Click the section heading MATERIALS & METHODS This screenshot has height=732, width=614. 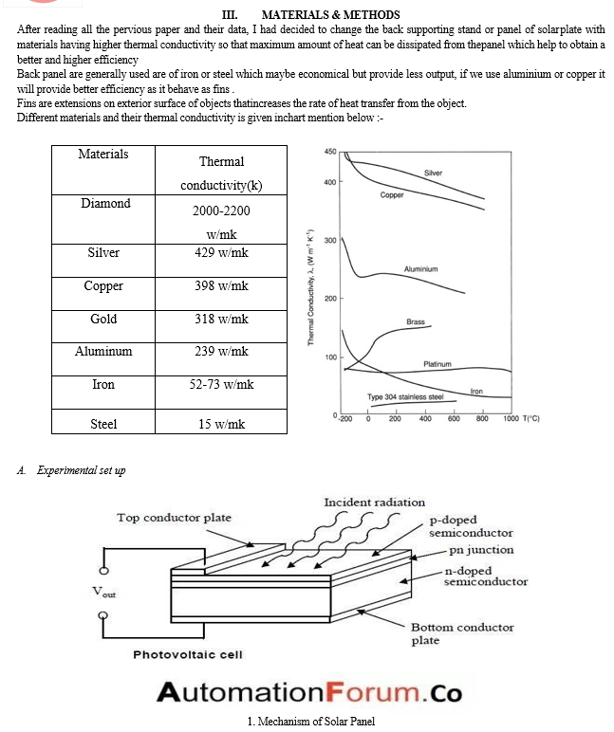(330, 15)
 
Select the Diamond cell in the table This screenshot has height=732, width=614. (105, 203)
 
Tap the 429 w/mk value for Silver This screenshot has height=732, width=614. (221, 253)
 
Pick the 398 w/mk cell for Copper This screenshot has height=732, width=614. (221, 285)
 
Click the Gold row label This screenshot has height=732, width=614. (103, 319)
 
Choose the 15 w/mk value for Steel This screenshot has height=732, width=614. (221, 424)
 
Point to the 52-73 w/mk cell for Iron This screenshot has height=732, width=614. (221, 385)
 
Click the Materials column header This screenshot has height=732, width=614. (103, 154)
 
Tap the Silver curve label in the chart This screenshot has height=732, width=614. (433, 174)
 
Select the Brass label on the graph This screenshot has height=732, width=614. (416, 322)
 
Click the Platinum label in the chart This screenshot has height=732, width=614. (437, 363)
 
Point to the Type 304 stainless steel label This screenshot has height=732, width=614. (405, 396)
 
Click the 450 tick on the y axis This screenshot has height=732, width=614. (330, 153)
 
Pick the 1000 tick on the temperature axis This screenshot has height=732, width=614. (512, 418)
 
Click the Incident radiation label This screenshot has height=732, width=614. (374, 502)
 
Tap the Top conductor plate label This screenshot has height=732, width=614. (174, 518)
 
